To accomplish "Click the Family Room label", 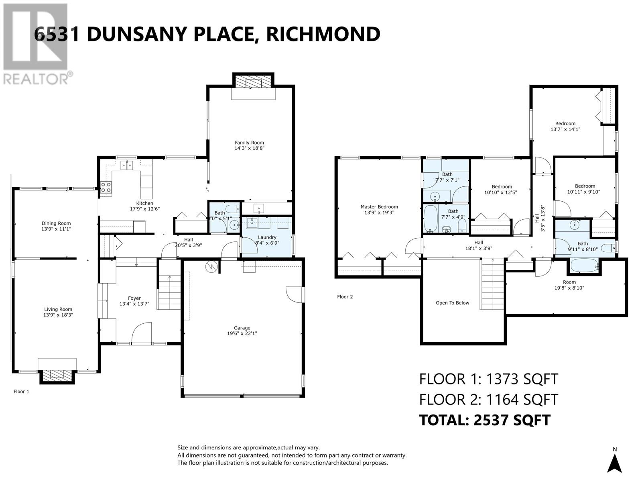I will (x=249, y=143).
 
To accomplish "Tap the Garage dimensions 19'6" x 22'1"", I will (x=242, y=333).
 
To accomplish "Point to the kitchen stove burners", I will (x=106, y=188).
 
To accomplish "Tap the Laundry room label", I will (x=267, y=237).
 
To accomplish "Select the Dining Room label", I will (x=56, y=223).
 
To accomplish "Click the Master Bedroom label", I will (x=379, y=207).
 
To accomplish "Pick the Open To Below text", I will (x=452, y=303).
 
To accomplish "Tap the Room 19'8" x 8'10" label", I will (x=569, y=282).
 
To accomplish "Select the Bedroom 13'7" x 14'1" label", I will (x=565, y=124).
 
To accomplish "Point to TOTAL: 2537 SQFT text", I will (x=484, y=420).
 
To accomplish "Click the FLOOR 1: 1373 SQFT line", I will (x=488, y=379).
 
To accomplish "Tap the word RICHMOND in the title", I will (x=323, y=34).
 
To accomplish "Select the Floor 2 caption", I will (x=345, y=297).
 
